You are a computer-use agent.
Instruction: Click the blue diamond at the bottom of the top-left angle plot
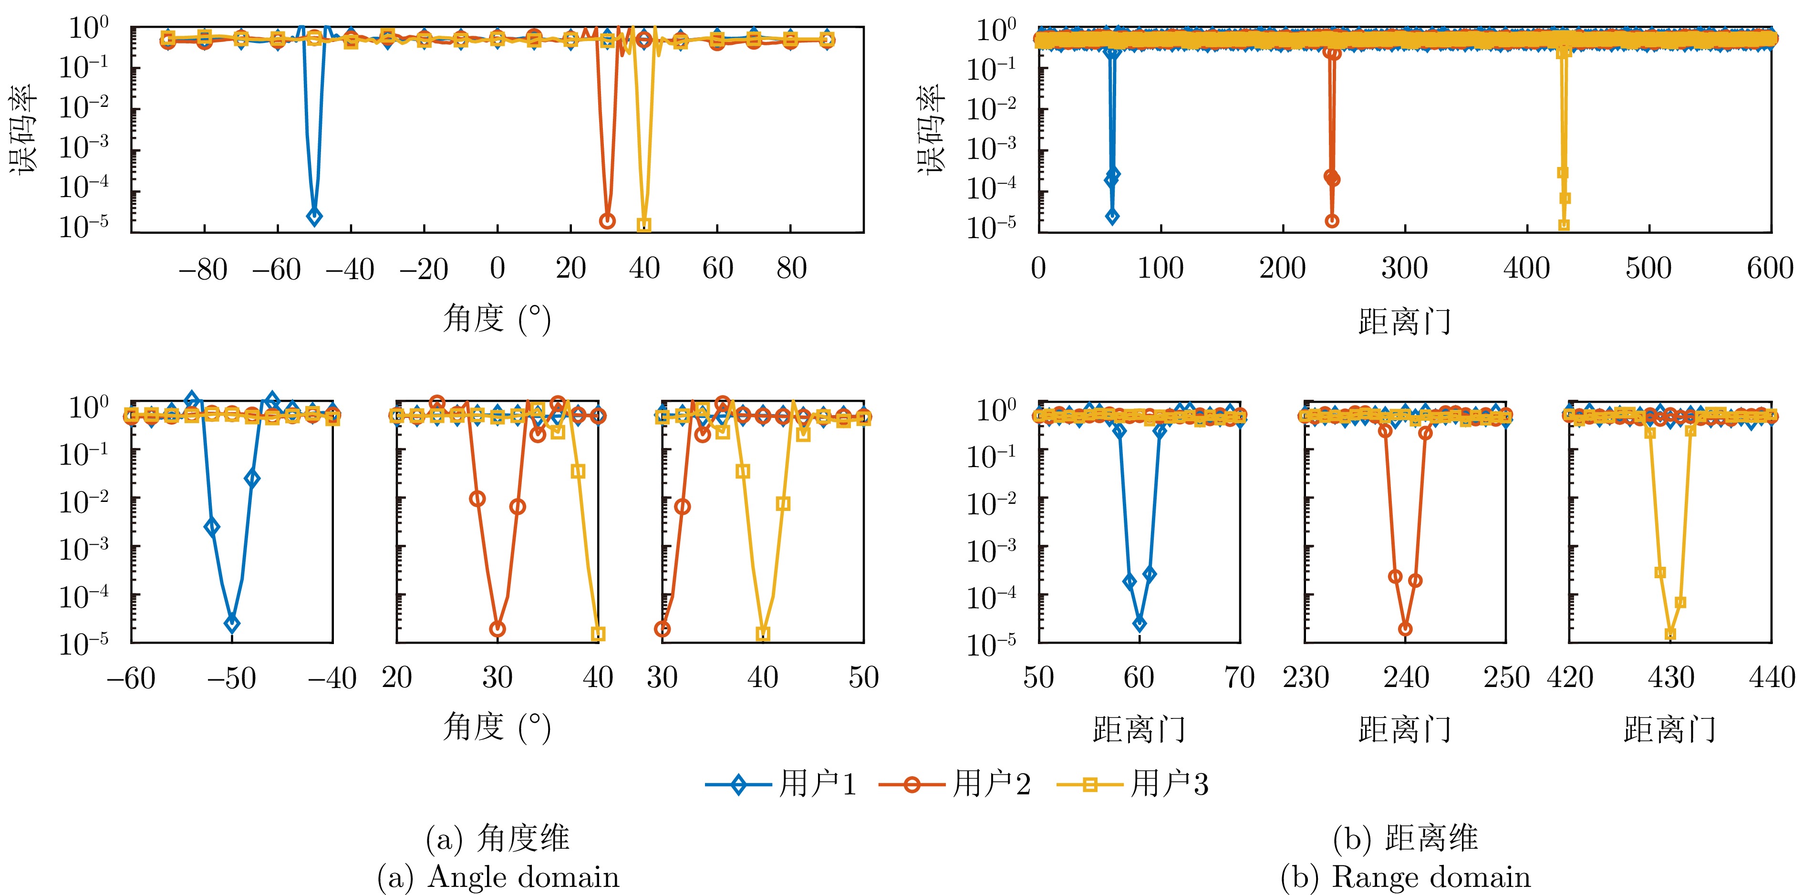(314, 217)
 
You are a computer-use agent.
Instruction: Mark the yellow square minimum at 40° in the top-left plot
(644, 225)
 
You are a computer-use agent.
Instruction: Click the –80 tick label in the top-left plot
(203, 269)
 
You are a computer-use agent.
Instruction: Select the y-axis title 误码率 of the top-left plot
(22, 130)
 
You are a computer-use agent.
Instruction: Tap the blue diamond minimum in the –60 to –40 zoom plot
(232, 623)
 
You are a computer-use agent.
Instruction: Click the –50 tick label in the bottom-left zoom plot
(232, 678)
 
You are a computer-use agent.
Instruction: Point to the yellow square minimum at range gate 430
(1670, 635)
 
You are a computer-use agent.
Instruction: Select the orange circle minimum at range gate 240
(1405, 629)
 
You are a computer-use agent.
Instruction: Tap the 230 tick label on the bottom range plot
(1306, 678)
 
